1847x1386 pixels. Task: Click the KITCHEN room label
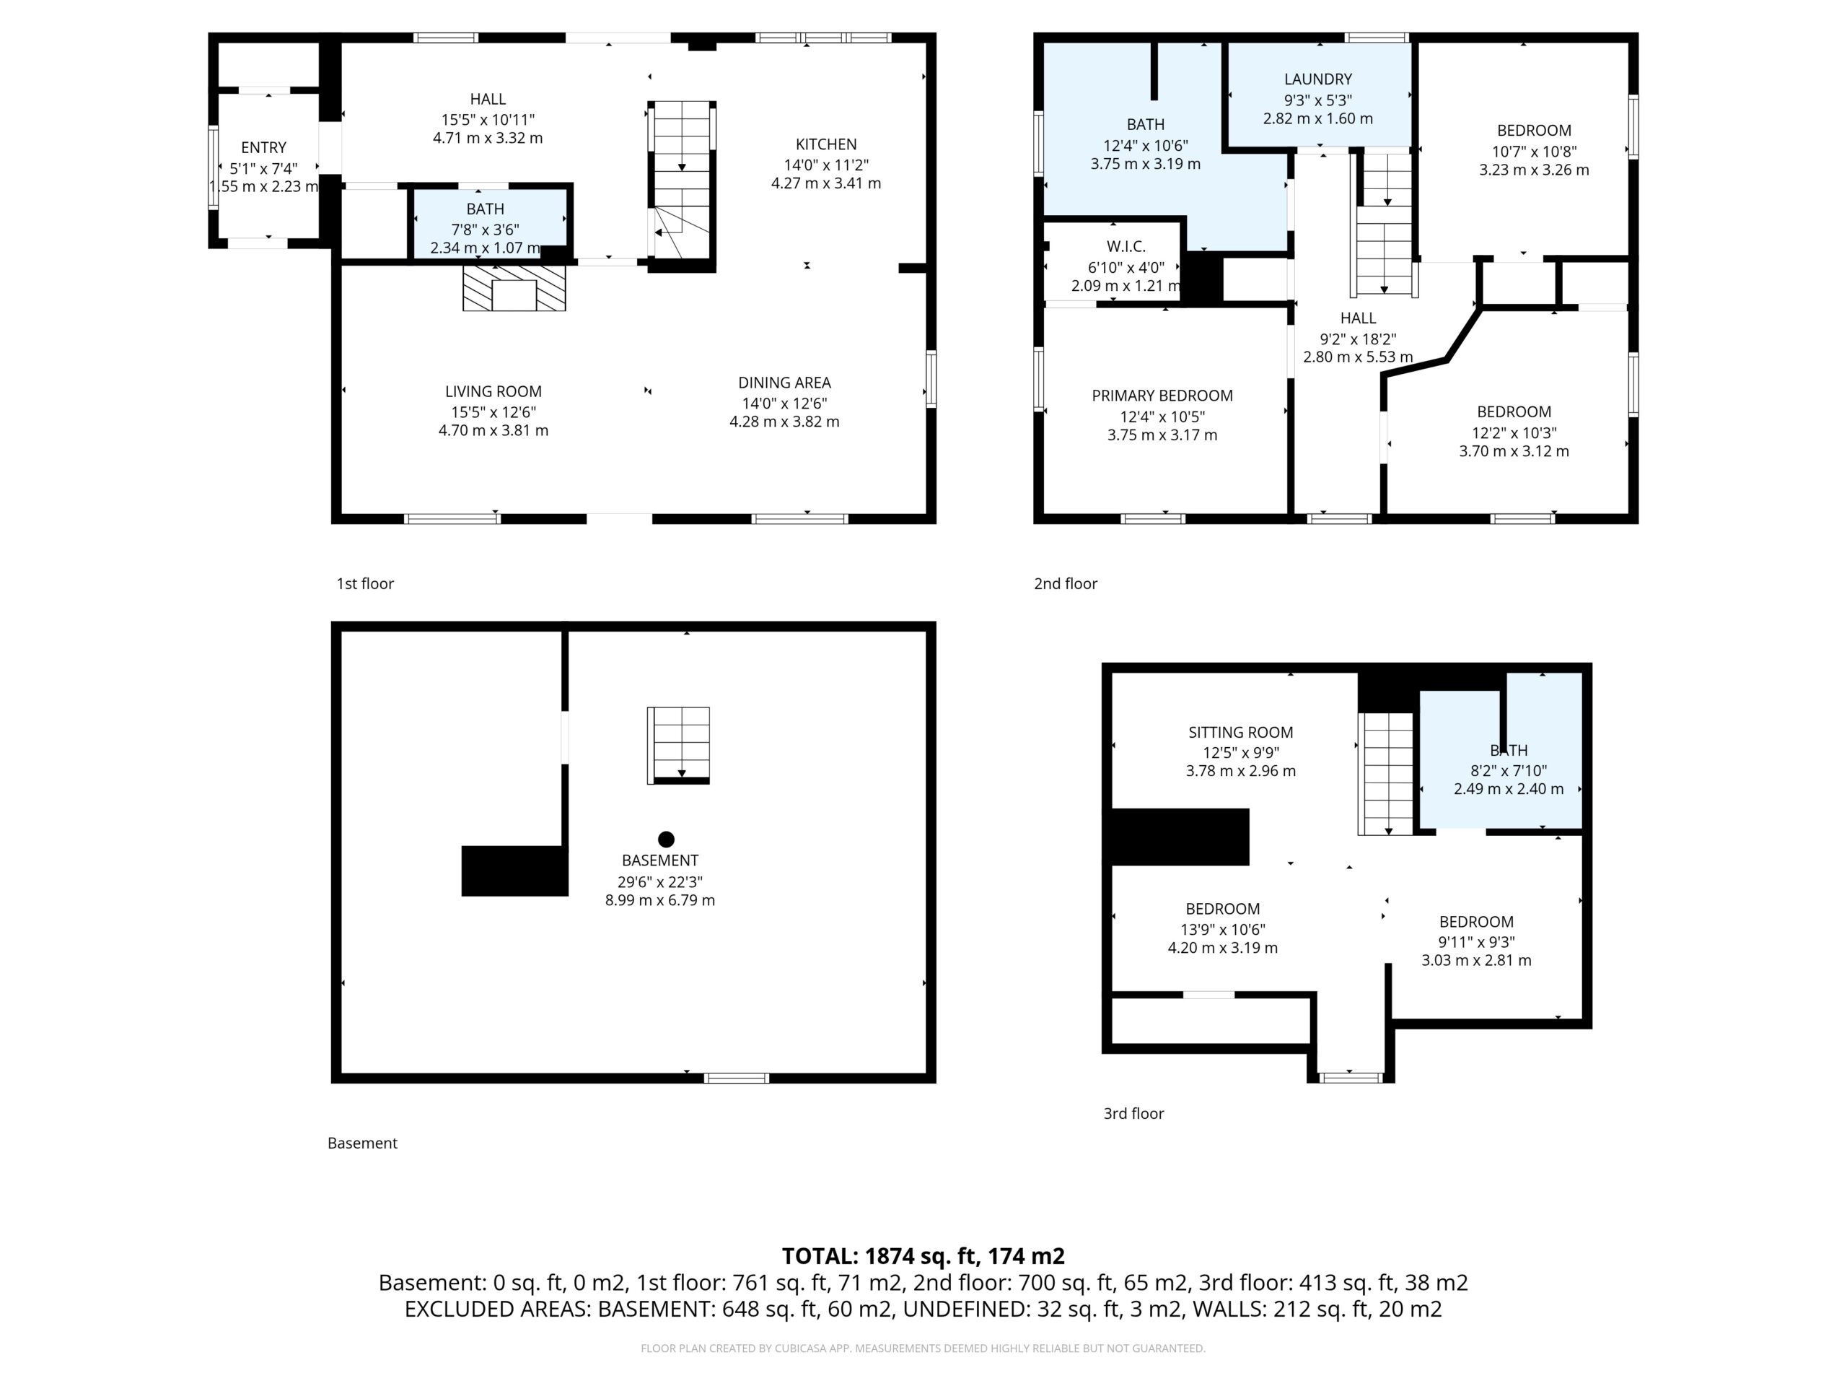click(826, 144)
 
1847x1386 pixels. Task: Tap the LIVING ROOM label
click(493, 392)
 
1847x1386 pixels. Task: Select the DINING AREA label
click(784, 383)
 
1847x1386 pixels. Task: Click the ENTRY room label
click(264, 148)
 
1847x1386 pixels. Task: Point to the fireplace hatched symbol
click(514, 288)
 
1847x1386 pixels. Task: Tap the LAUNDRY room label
click(1317, 79)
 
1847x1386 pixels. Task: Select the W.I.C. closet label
click(1126, 246)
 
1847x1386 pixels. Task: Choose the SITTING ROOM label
click(1241, 733)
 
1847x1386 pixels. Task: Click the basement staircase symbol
click(679, 745)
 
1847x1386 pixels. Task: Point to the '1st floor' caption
click(365, 584)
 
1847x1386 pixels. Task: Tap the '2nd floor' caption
click(1066, 584)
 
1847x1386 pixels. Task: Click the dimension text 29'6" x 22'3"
click(659, 882)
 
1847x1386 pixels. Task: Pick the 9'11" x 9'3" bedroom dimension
click(1476, 941)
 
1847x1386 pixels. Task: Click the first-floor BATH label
click(485, 209)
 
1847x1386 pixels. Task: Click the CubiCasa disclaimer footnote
click(923, 1348)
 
